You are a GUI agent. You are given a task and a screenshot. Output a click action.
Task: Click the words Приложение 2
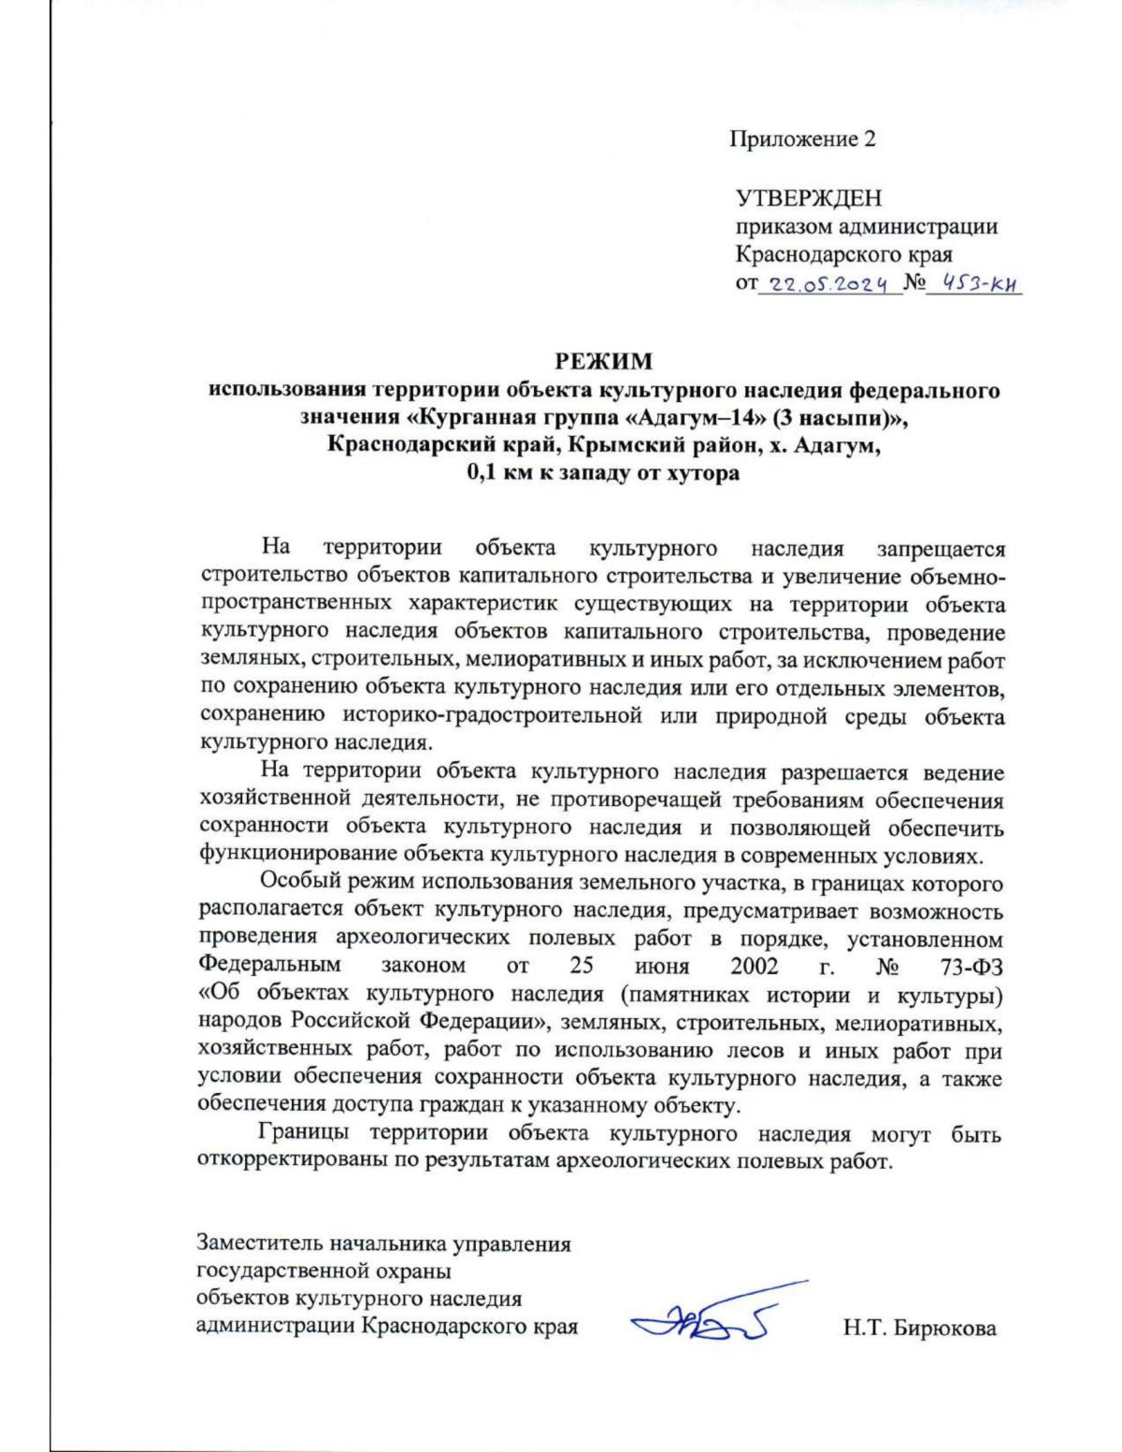(802, 140)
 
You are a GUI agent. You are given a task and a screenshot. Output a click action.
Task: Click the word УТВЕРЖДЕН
(809, 198)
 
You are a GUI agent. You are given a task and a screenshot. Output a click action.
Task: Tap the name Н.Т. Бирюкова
(919, 1328)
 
